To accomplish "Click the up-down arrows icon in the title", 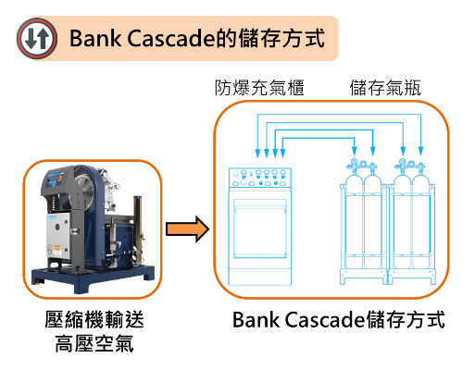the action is (x=37, y=38).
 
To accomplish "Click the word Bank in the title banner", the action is (x=95, y=38).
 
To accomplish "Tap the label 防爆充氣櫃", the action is (x=259, y=88).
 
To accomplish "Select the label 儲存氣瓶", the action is (x=385, y=88).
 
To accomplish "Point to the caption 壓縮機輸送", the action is (x=94, y=319).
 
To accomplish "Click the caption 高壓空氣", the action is (x=94, y=343).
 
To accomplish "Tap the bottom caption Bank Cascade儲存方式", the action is (x=339, y=320).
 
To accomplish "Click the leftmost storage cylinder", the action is (x=354, y=222).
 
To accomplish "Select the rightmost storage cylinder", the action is (x=421, y=222).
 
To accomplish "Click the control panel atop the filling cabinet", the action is (x=260, y=178).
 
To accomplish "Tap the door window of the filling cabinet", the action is (x=260, y=228).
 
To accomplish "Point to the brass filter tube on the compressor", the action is (x=138, y=228).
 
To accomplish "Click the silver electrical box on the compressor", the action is (x=57, y=236).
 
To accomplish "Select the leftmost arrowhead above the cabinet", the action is (x=257, y=154).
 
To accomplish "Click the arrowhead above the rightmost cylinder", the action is (x=420, y=151).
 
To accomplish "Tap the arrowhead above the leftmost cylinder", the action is (x=355, y=151).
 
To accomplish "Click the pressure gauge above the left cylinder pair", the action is (x=354, y=162).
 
